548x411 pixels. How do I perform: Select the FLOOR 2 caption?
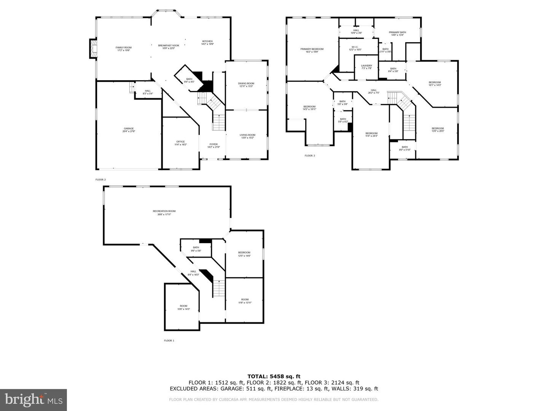(x=100, y=179)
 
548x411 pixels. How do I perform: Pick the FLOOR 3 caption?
(x=310, y=156)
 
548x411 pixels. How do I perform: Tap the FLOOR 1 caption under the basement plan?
(x=169, y=341)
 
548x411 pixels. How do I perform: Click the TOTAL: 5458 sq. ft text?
(x=274, y=376)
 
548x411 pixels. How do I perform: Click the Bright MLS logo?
(x=33, y=400)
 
